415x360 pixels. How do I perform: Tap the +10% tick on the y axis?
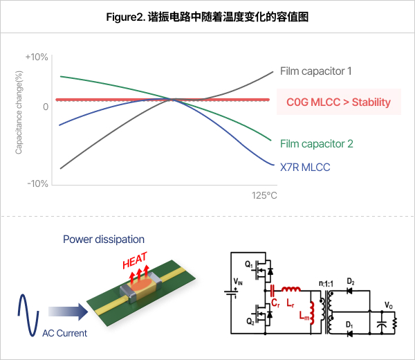point(36,57)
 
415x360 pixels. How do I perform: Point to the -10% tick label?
point(37,183)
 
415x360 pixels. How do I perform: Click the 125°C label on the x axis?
point(264,196)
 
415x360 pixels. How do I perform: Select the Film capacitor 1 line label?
point(316,71)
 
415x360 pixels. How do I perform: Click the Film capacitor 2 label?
point(316,144)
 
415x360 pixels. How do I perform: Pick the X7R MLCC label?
point(305,167)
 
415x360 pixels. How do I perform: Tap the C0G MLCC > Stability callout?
point(338,102)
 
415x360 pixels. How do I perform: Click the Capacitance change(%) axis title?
point(19,120)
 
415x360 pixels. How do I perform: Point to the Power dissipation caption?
point(104,240)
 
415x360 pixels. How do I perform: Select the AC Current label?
point(64,333)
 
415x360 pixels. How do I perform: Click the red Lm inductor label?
point(303,316)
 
